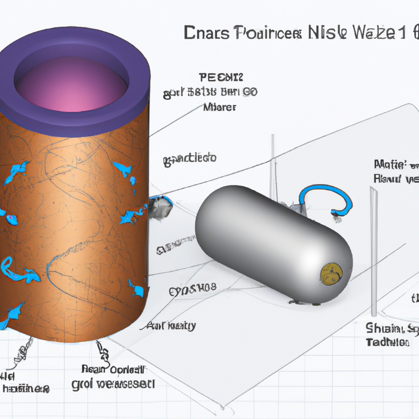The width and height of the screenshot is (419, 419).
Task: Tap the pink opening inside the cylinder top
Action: [72, 84]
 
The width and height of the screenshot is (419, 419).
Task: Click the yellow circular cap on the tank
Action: [331, 274]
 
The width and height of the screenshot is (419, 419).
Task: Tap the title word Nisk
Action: [324, 33]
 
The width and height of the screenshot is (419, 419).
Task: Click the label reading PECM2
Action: [221, 77]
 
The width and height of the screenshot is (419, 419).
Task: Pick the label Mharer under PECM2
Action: [220, 107]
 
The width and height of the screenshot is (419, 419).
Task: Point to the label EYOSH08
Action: [192, 292]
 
